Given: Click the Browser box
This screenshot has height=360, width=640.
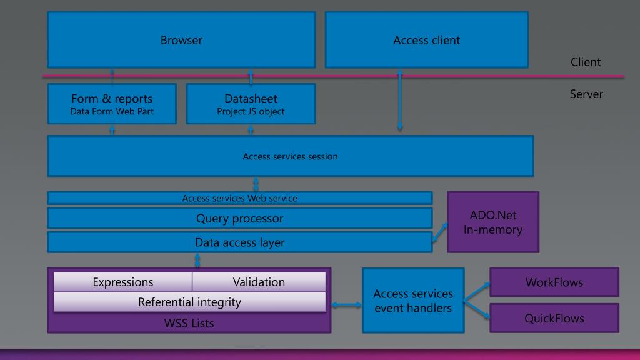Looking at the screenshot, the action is [182, 39].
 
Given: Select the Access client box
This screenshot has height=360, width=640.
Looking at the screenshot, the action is [426, 39].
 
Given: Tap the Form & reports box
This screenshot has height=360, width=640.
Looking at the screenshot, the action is [112, 104].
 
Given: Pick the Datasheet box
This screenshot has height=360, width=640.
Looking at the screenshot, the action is [251, 104].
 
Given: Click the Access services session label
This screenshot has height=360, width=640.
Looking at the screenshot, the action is [290, 156].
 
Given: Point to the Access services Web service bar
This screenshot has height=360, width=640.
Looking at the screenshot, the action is [240, 198].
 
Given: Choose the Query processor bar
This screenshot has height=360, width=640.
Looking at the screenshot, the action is [240, 218].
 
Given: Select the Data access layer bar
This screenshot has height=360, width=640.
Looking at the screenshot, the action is [240, 242].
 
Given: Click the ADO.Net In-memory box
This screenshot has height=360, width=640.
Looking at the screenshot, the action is [493, 222].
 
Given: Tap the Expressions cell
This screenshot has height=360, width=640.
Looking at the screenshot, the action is [123, 282].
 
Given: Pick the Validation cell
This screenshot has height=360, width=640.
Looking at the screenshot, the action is [259, 282].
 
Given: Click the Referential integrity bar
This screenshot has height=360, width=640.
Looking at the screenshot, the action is [190, 302].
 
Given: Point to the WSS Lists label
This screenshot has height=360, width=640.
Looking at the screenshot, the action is [189, 323].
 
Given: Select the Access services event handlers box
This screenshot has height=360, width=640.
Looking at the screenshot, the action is [413, 301].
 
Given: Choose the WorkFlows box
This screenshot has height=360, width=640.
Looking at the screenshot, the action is [554, 282].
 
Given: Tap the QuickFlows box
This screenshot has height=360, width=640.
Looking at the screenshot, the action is [554, 318].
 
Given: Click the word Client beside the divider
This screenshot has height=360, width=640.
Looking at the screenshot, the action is [586, 62].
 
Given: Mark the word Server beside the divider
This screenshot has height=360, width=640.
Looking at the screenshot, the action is [586, 94].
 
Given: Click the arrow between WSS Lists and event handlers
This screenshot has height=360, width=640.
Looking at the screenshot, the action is [346, 304].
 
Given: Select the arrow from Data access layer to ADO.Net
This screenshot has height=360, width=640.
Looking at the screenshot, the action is [440, 232].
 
